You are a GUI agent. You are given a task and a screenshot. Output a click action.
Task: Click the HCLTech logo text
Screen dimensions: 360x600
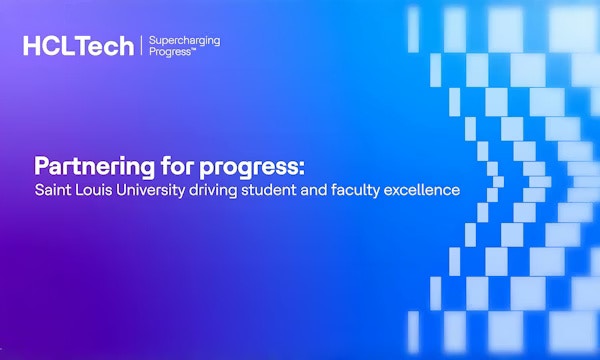click(79, 46)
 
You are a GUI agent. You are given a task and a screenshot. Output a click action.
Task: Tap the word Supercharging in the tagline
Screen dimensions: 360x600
click(184, 40)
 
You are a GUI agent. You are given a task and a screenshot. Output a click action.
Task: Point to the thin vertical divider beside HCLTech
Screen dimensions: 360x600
click(141, 46)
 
